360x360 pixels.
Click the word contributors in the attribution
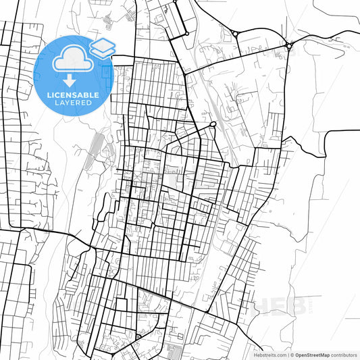coord(344,354)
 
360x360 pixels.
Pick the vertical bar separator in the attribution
coord(288,354)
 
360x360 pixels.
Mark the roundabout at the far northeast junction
coord(288,45)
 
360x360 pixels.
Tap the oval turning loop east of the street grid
coord(213,124)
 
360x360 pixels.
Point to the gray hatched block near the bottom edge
coord(173,351)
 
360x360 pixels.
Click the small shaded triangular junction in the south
coord(138,336)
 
